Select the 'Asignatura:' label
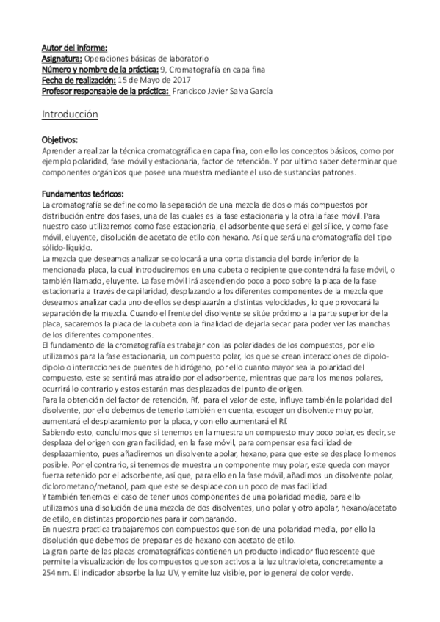pos(62,58)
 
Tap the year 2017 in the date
pos(175,79)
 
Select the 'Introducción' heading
pos(70,115)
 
